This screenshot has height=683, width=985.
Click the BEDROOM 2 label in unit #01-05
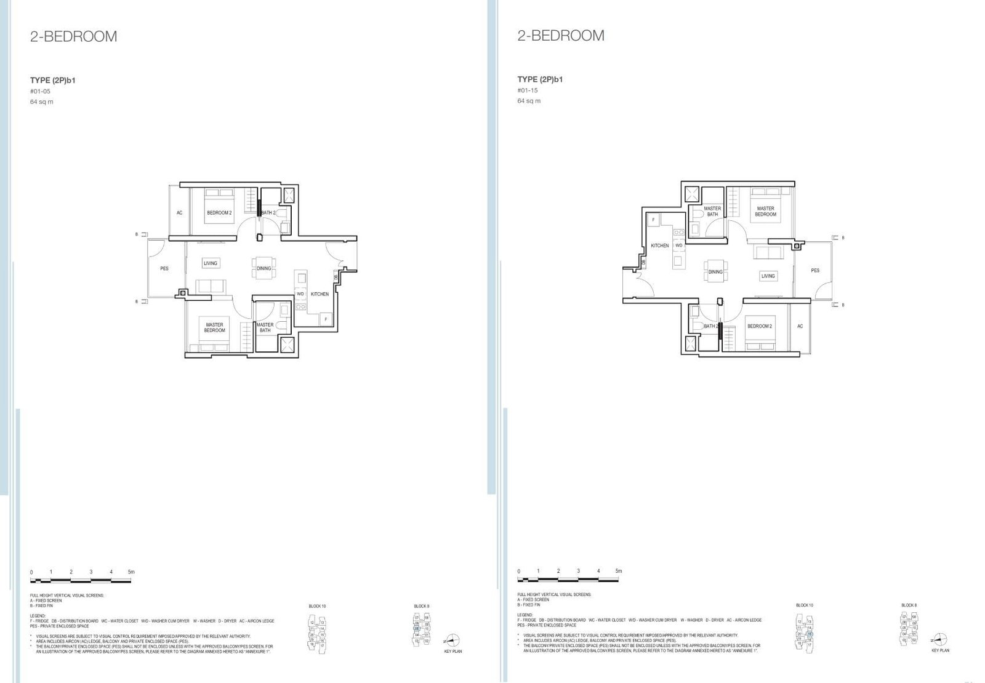coord(219,213)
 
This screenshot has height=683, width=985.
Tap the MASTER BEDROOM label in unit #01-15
coord(765,212)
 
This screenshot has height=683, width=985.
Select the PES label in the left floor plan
coord(164,269)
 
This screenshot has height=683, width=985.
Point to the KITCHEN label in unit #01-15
coord(659,246)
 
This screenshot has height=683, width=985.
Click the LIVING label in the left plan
coord(211,263)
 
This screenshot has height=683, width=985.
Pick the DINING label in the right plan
coord(715,271)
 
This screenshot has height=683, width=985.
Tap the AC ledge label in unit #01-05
coord(180,213)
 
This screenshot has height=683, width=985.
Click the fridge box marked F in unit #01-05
coord(326,319)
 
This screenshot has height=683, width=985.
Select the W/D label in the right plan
coord(678,246)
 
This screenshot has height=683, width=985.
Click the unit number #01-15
coord(528,90)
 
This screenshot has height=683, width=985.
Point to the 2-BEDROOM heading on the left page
coord(73,36)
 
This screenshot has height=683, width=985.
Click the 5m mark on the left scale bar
coord(131,572)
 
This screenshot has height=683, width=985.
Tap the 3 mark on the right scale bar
coord(578,571)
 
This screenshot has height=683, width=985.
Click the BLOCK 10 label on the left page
coord(317,606)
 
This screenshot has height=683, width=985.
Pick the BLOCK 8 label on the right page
coord(909,605)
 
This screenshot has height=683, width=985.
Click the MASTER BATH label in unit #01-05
coord(265,327)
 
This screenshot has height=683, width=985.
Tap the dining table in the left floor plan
coord(263,268)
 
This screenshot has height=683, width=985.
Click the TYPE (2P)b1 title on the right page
coord(540,79)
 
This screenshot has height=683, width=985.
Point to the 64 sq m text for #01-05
coord(41,102)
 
